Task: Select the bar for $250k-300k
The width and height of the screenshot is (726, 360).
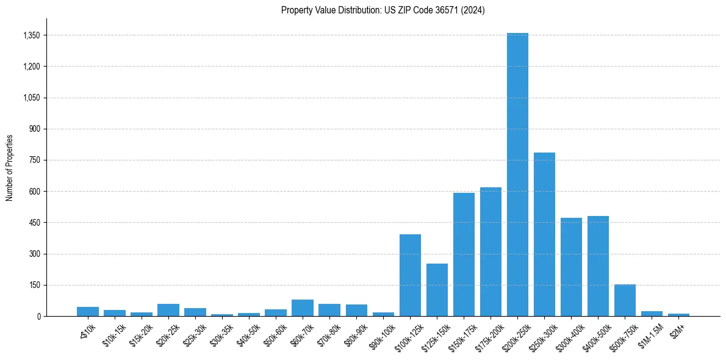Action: click(544, 234)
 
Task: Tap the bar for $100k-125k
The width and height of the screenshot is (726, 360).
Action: click(410, 275)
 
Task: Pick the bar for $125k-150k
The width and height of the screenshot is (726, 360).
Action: click(437, 290)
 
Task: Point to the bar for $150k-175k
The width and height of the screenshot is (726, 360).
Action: click(464, 254)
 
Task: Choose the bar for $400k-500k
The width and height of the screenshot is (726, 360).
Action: click(598, 266)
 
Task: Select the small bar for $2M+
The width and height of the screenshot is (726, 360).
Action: click(678, 315)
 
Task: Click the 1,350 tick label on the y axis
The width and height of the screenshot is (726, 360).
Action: click(31, 35)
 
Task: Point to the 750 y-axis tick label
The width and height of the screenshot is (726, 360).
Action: click(34, 160)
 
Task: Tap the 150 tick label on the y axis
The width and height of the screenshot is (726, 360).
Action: click(34, 285)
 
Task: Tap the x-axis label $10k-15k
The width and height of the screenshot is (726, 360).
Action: click(112, 334)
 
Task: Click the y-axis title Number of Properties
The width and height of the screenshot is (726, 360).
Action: click(10, 167)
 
